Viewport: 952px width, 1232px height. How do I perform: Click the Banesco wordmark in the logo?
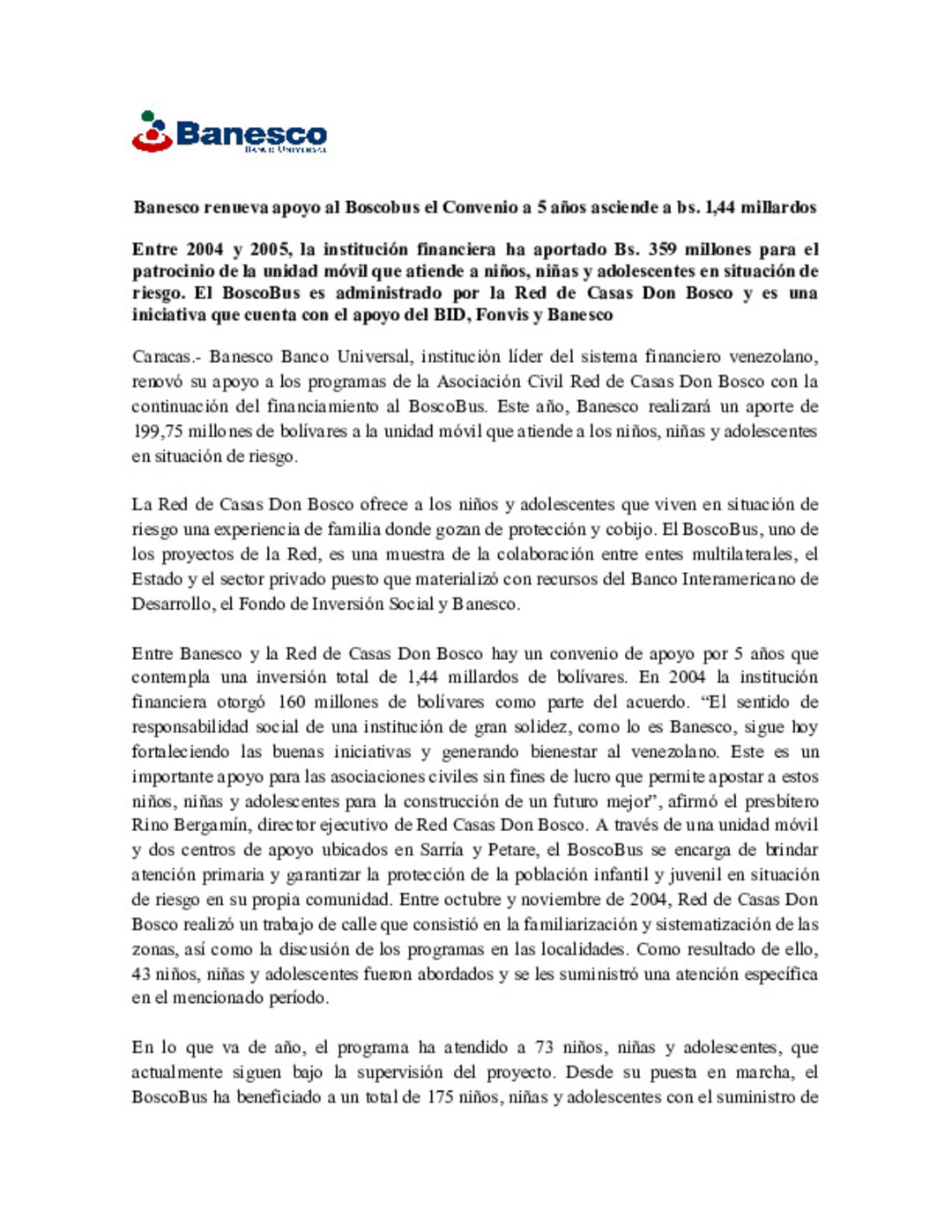pos(251,134)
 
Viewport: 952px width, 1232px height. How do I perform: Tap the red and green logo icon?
pos(152,131)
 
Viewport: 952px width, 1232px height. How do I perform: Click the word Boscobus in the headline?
pos(383,208)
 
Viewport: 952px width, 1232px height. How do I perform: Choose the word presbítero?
pos(781,801)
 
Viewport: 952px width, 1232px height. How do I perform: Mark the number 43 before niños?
pos(141,974)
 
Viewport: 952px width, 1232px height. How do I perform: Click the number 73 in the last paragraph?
pos(544,1048)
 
